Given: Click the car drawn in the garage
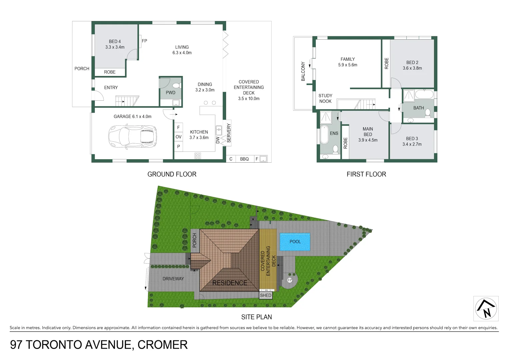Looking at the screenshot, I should coord(132,137).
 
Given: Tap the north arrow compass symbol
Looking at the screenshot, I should coord(486,309).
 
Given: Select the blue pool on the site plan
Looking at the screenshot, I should coord(295,242).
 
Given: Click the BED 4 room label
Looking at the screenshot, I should coord(115,42).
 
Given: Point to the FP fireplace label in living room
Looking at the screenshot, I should coord(144,41).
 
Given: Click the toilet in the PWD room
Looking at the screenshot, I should coord(176,86).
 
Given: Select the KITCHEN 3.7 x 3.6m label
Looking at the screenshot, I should coord(199,135).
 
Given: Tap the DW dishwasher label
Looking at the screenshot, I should coord(218,140).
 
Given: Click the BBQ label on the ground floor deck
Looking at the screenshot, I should coord(244,159).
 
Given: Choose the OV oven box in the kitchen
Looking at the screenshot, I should coord(178,137).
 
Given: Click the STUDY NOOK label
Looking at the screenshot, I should coord(325,98).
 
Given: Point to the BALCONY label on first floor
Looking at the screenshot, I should coord(303,71).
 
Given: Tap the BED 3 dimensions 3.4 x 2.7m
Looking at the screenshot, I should coord(412,144).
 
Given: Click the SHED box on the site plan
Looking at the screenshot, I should coord(266,295).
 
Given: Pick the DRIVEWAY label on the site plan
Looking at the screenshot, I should coord(173,279).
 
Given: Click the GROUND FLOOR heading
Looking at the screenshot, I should coord(172,174).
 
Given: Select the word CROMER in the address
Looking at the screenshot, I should coord(162,345).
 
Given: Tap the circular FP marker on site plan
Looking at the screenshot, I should coord(290,280).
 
